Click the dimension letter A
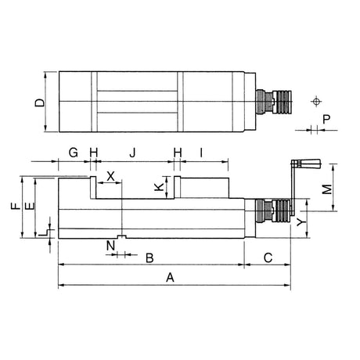pos(170,277)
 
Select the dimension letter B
pos(149,258)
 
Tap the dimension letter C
pos(268,257)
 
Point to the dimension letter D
pos(40,103)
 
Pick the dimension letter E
pos(30,206)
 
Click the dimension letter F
pos(16,206)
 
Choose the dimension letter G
pos(74,153)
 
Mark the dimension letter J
pos(133,153)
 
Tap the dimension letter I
pos(201,153)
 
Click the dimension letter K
pos(159,187)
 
